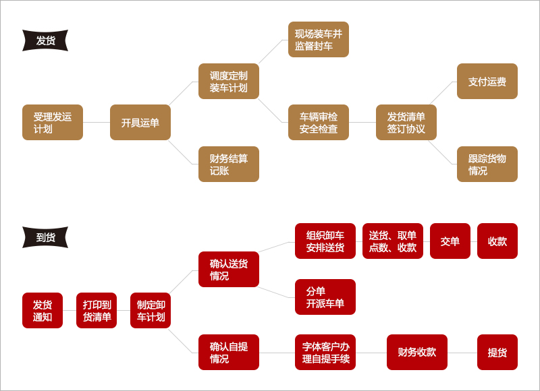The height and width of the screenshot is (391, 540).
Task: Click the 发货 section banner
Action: pyautogui.click(x=45, y=40)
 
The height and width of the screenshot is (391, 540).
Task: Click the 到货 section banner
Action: pyautogui.click(x=45, y=237)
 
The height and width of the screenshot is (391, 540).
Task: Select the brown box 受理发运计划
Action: pyautogui.click(x=53, y=123)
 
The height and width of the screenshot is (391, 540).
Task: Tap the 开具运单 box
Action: pyautogui.click(x=140, y=123)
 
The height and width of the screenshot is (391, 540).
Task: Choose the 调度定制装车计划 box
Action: pyautogui.click(x=229, y=82)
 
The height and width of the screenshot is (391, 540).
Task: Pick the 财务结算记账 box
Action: pyautogui.click(x=229, y=164)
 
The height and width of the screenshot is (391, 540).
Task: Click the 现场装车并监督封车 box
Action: pyautogui.click(x=319, y=40)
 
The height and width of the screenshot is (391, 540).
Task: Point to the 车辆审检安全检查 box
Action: pyautogui.click(x=319, y=123)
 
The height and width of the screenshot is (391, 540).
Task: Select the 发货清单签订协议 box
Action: pyautogui.click(x=406, y=123)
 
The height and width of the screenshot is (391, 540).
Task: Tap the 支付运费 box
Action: pyautogui.click(x=487, y=82)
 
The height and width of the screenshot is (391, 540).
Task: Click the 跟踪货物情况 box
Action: pyautogui.click(x=487, y=164)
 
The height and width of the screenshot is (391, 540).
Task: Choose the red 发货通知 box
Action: pyautogui.click(x=43, y=311)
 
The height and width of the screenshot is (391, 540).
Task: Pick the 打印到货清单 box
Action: pyautogui.click(x=97, y=311)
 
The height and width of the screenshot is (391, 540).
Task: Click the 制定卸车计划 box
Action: pyautogui.click(x=151, y=311)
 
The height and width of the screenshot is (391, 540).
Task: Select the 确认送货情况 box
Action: pyautogui.click(x=229, y=270)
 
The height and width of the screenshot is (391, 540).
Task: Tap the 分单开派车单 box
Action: pyautogui.click(x=325, y=297)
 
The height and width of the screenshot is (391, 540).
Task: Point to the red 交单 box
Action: pyautogui.click(x=450, y=241)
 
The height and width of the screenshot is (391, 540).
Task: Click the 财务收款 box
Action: pyautogui.click(x=417, y=353)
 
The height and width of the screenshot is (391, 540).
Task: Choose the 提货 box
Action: pyautogui.click(x=497, y=353)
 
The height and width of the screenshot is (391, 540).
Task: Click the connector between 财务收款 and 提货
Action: pyautogui.click(x=462, y=353)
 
